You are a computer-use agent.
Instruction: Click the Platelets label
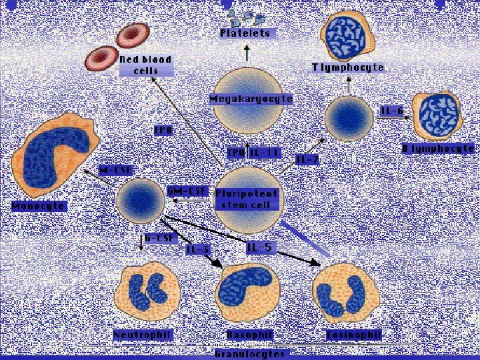coord(247,33)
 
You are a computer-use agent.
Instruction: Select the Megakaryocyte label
coord(251,99)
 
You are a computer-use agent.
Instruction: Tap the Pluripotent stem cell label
coord(246,199)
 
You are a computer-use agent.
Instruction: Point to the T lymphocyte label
coord(348,67)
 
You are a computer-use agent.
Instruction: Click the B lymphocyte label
coord(438,149)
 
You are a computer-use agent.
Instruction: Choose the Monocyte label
coord(39,206)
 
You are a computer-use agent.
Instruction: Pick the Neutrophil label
coord(143,334)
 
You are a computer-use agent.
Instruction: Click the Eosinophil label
coord(353,334)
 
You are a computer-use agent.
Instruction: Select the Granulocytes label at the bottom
coord(249,353)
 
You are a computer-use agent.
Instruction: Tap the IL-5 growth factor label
coord(259,248)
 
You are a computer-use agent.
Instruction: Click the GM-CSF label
coord(187,191)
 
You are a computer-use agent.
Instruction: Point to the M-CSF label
coord(115,171)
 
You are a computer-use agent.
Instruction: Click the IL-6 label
coord(392,111)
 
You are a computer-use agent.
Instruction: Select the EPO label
coord(163,130)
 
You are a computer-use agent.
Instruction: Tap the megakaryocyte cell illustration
coord(247,123)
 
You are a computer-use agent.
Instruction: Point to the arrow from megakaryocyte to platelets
coord(247,53)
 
